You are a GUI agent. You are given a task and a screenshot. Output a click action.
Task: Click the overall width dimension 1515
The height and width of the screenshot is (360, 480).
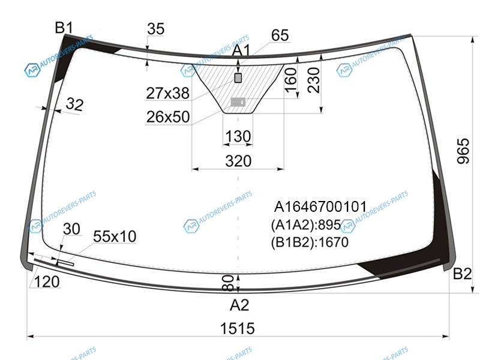[x=237, y=328]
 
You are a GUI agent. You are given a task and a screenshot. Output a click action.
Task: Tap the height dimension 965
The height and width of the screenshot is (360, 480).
[x=463, y=151]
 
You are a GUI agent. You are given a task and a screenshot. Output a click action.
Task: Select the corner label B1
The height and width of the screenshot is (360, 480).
[x=64, y=28]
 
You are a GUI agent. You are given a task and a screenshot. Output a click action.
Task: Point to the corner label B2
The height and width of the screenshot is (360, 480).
[x=462, y=274]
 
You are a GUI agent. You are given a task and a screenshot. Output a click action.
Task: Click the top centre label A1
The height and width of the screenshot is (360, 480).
[x=241, y=50]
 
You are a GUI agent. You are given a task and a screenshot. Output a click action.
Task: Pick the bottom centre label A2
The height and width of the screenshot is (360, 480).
[x=239, y=305]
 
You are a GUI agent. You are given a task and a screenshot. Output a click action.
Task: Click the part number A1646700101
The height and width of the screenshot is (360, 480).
[x=320, y=206]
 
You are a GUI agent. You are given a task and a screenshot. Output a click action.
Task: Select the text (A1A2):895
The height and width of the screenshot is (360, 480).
[x=306, y=225]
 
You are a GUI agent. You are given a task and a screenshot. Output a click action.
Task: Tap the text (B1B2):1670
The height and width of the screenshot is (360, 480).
[x=310, y=242]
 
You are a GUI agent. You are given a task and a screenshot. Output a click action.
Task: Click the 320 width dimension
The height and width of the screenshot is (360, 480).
[x=238, y=161]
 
